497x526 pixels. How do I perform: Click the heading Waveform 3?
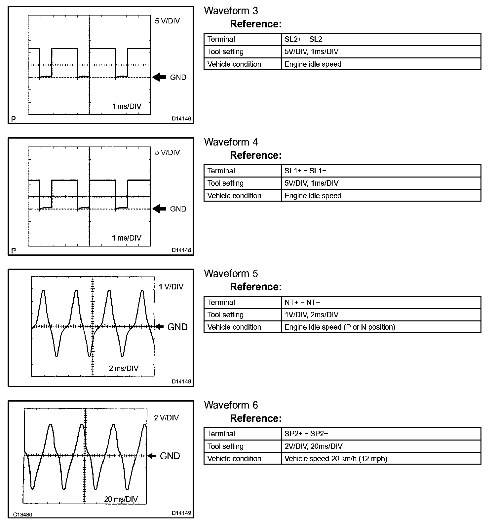click(231, 11)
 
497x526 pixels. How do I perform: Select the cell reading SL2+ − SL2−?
click(305, 39)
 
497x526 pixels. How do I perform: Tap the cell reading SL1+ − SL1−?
click(305, 171)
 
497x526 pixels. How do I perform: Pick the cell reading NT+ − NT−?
click(302, 302)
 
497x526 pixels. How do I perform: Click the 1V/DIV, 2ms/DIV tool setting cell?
click(311, 314)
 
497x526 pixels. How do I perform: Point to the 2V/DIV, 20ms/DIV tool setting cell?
click(313, 446)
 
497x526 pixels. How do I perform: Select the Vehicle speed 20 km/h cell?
click(336, 458)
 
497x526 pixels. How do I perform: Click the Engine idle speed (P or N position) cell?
click(340, 327)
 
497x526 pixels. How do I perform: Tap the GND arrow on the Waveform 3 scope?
click(159, 77)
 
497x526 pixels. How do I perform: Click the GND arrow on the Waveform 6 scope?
click(152, 456)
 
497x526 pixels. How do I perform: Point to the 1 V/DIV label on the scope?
click(171, 286)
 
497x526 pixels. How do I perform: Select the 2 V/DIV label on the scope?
click(166, 418)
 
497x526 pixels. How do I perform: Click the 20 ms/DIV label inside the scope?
click(121, 499)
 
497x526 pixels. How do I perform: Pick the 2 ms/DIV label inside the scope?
click(124, 368)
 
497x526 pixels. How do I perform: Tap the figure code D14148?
click(181, 381)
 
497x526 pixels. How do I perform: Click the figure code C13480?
click(23, 515)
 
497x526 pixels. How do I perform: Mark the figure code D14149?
click(181, 513)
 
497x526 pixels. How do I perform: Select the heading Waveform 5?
click(231, 274)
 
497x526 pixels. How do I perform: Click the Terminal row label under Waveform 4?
click(221, 171)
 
